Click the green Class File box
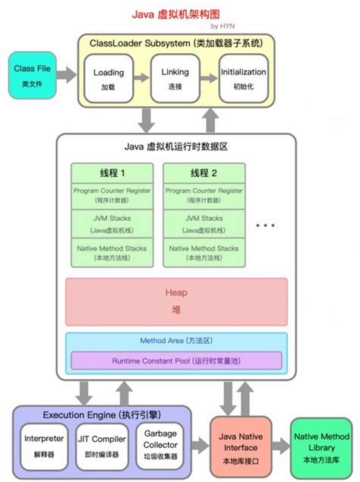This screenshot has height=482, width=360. pyautogui.click(x=32, y=74)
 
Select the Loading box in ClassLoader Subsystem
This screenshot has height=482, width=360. pyautogui.click(x=109, y=78)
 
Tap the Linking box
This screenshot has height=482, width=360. pyautogui.click(x=175, y=78)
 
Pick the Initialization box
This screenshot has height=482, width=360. pyautogui.click(x=243, y=78)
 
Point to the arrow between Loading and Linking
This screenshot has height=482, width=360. pyautogui.click(x=142, y=78)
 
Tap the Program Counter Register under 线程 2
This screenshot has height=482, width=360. pyautogui.click(x=204, y=195)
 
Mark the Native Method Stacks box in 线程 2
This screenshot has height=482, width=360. pyautogui.click(x=204, y=253)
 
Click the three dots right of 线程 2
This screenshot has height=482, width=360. pyautogui.click(x=267, y=225)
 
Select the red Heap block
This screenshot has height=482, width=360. pyautogui.click(x=176, y=301)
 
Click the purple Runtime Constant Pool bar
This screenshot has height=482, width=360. pyautogui.click(x=176, y=360)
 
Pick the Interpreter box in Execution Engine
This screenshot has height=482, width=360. pyautogui.click(x=43, y=444)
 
